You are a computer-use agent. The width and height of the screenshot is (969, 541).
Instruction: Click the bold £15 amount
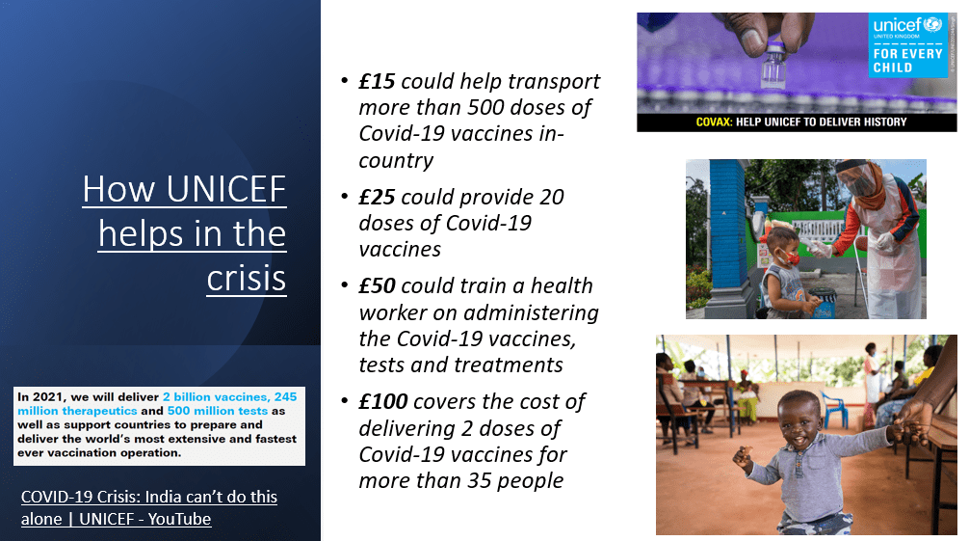(x=377, y=81)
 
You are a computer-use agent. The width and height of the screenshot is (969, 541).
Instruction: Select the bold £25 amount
(x=377, y=197)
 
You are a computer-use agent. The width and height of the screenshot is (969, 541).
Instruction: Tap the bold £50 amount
(x=377, y=286)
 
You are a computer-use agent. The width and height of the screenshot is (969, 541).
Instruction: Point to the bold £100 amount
(x=383, y=402)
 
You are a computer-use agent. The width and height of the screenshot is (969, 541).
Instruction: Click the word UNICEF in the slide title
(x=226, y=189)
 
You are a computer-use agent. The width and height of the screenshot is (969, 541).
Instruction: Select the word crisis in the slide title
(x=247, y=279)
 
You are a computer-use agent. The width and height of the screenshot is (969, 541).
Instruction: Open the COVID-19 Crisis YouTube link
(x=149, y=507)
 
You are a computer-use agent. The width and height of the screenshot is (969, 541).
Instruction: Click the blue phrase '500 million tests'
(x=218, y=411)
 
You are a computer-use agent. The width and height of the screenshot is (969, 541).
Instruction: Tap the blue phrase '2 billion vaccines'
(x=215, y=396)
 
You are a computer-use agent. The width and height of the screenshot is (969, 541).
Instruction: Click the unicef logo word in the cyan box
(x=898, y=25)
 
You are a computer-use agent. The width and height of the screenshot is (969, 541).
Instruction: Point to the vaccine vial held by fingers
(x=773, y=67)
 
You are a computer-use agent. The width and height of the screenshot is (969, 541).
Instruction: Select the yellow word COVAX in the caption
(x=714, y=122)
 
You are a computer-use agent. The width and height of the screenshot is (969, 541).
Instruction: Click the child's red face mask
(x=789, y=257)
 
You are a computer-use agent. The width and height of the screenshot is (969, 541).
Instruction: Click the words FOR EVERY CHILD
(x=907, y=61)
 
